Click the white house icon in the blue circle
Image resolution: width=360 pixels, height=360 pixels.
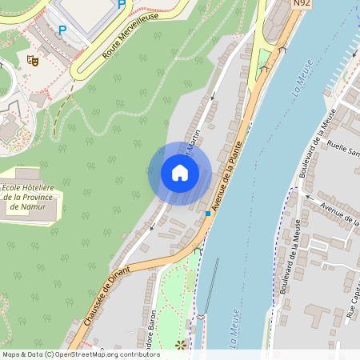point(180,172)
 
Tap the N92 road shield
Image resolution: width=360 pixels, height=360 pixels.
point(302,4)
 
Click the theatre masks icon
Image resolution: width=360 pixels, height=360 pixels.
point(33,59)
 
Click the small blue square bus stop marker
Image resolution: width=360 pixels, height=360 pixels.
point(208,214)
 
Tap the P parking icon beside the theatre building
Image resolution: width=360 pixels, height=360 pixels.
point(62,30)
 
